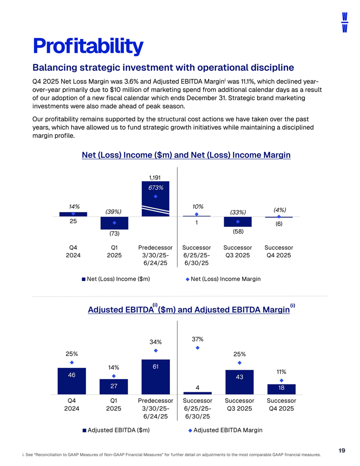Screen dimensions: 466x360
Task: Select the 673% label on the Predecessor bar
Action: click(x=156, y=188)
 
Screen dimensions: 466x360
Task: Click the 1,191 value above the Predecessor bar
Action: click(x=155, y=178)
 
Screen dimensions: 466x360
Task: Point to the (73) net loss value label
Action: click(x=115, y=233)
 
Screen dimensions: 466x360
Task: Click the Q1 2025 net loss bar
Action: click(x=115, y=223)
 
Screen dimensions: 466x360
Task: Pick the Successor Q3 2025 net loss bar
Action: click(x=238, y=221)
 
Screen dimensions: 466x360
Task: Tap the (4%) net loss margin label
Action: click(x=279, y=210)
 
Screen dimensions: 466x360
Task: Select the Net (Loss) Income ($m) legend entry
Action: click(x=116, y=279)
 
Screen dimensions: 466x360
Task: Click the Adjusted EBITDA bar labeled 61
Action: click(x=156, y=377)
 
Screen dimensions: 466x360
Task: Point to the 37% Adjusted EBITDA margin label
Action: click(x=197, y=339)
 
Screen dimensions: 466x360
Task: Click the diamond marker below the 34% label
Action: click(x=156, y=350)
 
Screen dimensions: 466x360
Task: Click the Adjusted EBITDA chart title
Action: click(x=186, y=310)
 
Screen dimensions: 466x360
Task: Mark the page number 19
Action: click(x=342, y=451)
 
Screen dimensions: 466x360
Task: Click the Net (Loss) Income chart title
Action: click(x=186, y=155)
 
